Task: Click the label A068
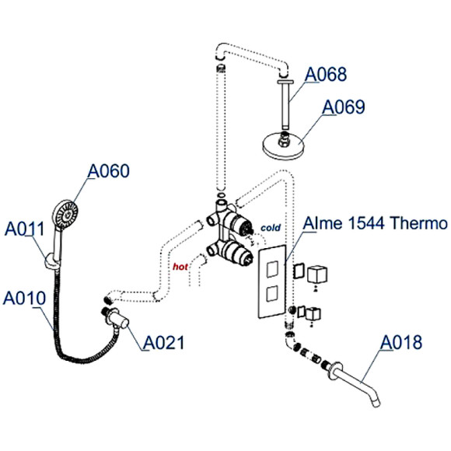[325, 75]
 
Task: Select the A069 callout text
[344, 107]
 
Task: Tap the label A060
[108, 170]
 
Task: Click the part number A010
[24, 298]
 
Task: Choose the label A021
[163, 343]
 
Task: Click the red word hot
[182, 267]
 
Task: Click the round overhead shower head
[287, 144]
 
